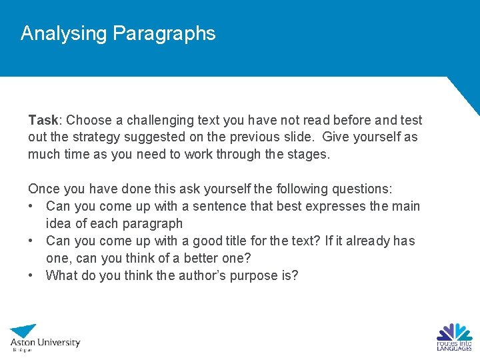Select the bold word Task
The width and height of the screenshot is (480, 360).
43,120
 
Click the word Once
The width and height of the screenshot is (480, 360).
43,189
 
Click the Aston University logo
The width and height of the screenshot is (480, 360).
44,337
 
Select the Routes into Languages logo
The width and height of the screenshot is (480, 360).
454,337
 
